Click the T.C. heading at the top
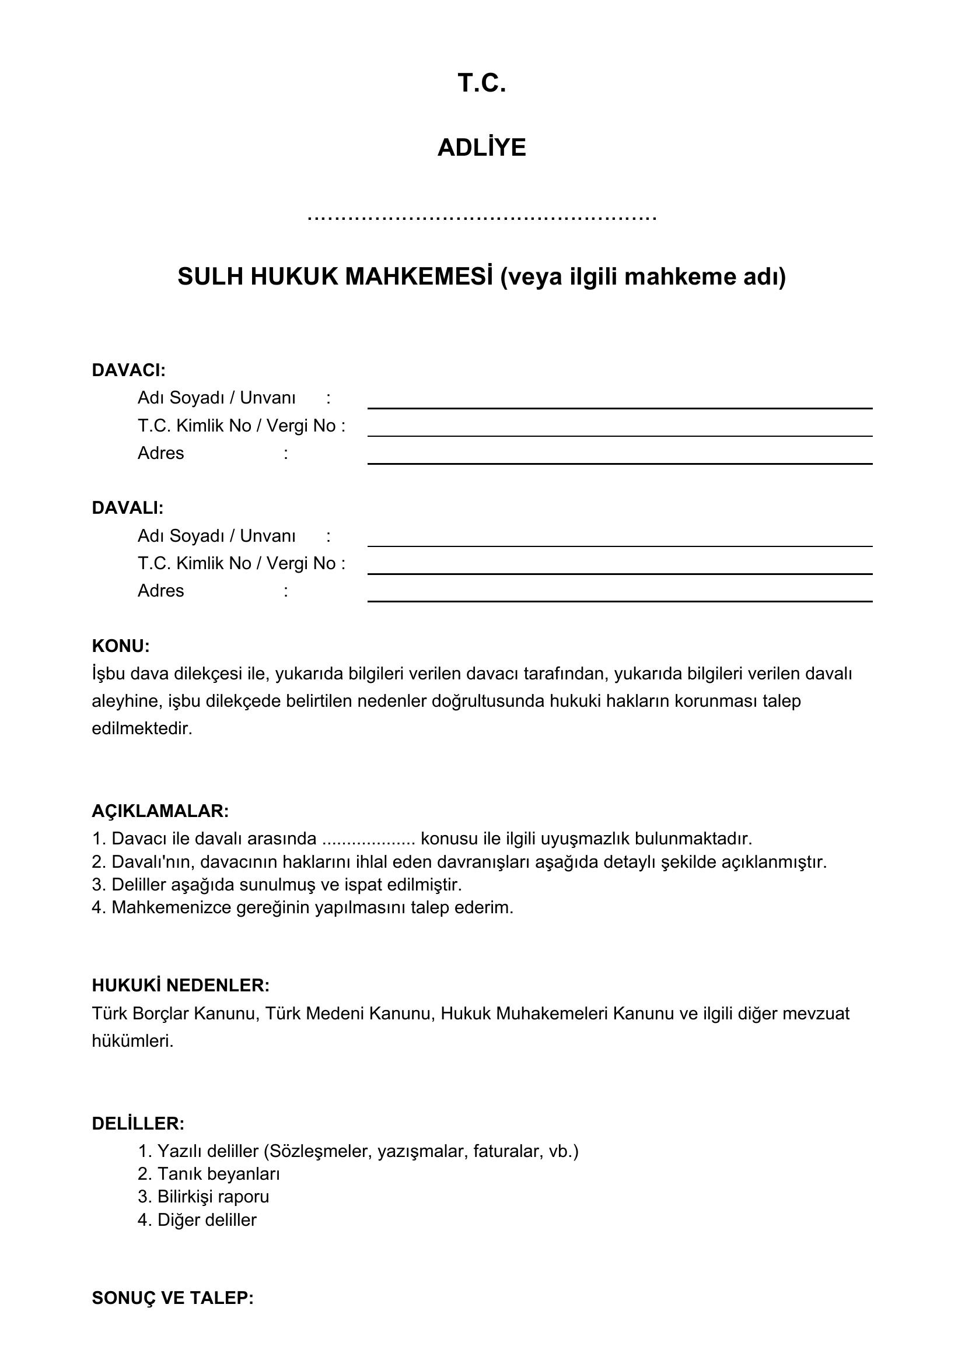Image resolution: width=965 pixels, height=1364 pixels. coord(481,83)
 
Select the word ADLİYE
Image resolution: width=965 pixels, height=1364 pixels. coord(481,148)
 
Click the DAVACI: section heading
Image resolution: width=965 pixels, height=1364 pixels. coord(128,370)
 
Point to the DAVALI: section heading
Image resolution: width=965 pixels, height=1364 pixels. coord(127,508)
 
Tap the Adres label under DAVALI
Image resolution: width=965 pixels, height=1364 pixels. coord(161,591)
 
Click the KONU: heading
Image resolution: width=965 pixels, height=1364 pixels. coord(121,646)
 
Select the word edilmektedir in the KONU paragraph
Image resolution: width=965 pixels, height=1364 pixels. coord(142,728)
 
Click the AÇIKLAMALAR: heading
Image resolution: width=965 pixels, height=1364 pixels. coord(160,811)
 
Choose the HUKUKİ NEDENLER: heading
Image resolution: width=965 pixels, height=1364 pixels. coord(181,986)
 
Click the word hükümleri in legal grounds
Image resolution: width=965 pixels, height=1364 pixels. coord(132,1041)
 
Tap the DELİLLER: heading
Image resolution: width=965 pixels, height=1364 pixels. coord(138,1123)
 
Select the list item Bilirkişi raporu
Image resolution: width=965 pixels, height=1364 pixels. coord(213,1197)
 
